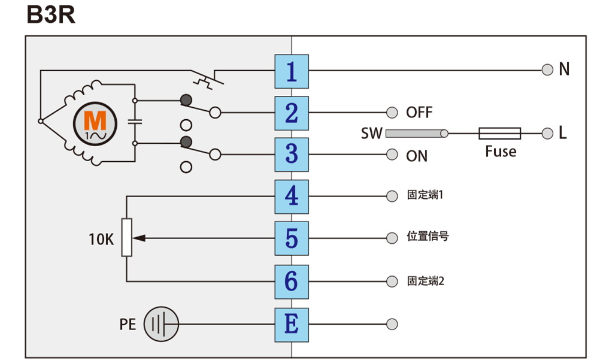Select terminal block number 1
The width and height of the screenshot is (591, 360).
click(x=292, y=71)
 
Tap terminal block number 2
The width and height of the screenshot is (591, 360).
click(x=292, y=113)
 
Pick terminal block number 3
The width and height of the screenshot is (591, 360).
click(x=292, y=155)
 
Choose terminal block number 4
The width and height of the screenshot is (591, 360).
click(x=292, y=196)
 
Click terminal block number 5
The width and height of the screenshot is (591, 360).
click(x=292, y=238)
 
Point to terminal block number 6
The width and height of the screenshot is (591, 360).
click(x=292, y=280)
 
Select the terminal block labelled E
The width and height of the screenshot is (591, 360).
click(x=292, y=324)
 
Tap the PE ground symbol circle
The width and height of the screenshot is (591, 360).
click(x=162, y=324)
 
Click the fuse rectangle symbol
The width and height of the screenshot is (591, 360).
click(x=501, y=134)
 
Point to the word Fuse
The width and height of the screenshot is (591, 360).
click(x=501, y=152)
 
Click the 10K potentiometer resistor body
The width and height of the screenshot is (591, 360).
click(x=127, y=238)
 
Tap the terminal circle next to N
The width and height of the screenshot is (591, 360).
click(x=547, y=70)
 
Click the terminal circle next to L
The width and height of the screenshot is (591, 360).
click(x=547, y=134)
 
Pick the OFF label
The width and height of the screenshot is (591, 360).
click(x=419, y=113)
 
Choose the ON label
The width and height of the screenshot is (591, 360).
click(x=417, y=156)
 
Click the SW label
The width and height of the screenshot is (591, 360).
click(x=371, y=134)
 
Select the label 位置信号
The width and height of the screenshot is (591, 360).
click(x=428, y=237)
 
